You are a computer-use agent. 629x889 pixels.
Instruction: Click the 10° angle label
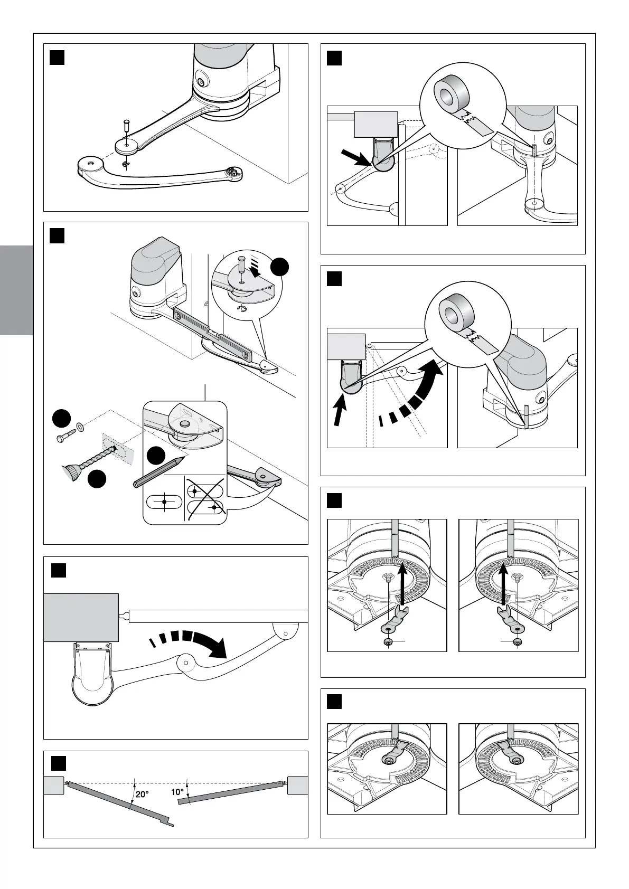click(x=177, y=792)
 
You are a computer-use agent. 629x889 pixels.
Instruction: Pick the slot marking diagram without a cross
click(x=164, y=501)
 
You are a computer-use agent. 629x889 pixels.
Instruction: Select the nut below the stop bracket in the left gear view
click(x=389, y=641)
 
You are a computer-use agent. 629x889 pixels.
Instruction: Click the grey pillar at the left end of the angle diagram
click(x=53, y=786)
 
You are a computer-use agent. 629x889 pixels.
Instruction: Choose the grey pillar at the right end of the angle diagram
click(x=298, y=786)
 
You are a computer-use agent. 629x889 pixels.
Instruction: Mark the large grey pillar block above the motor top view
click(x=81, y=617)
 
